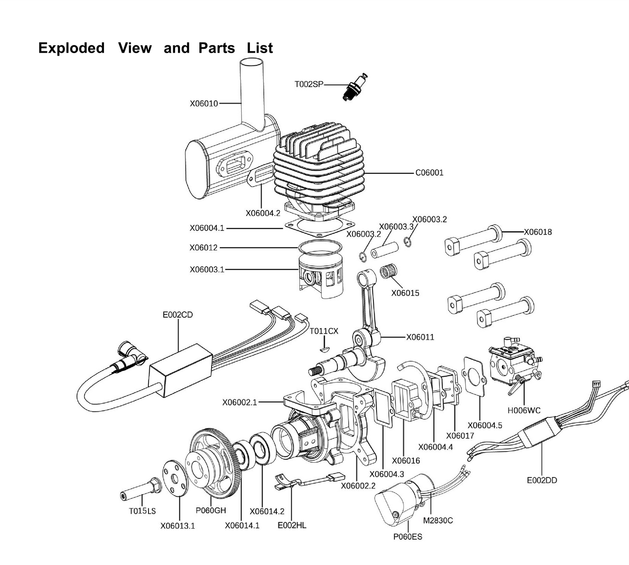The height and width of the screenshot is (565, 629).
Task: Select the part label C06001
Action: tap(429, 173)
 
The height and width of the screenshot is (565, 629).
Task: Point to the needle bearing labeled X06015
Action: tap(389, 272)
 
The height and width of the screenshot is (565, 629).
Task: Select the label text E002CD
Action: tap(178, 315)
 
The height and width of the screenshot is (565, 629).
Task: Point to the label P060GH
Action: tap(211, 510)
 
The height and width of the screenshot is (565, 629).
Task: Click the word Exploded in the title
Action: tap(71, 48)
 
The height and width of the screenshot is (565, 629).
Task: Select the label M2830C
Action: tap(438, 521)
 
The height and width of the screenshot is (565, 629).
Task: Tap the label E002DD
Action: tap(542, 480)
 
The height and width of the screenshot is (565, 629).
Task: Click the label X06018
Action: tap(538, 232)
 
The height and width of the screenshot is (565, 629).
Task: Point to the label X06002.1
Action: tap(240, 403)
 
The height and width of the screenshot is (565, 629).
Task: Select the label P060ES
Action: tap(407, 536)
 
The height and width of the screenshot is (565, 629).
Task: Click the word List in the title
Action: tap(260, 48)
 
